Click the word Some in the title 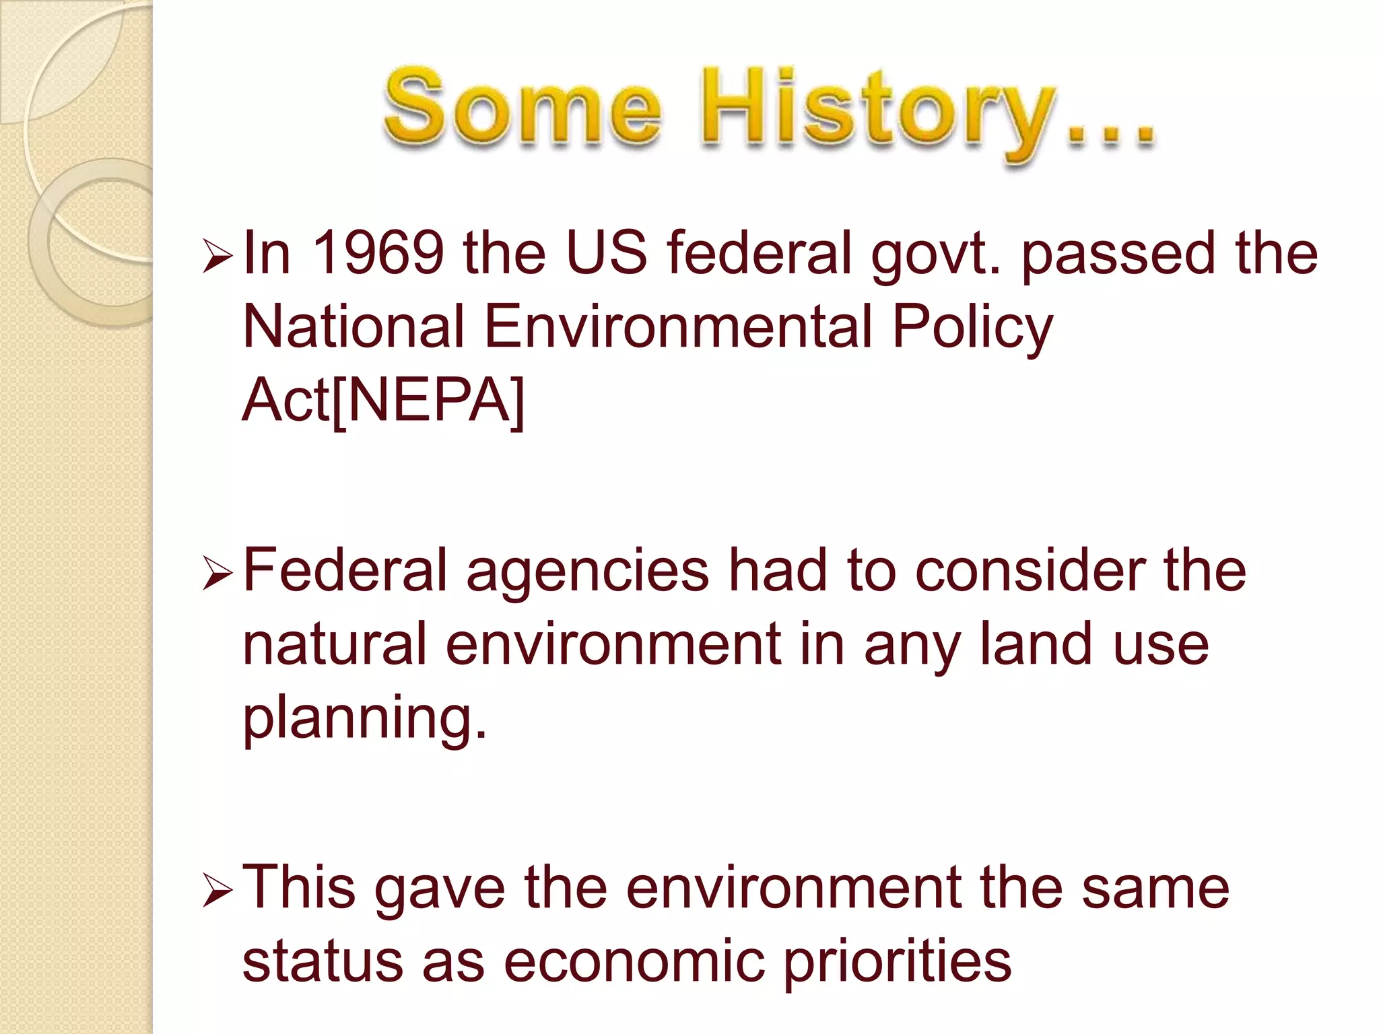[522, 108]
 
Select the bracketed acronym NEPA [428, 401]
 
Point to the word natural [334, 644]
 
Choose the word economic [634, 961]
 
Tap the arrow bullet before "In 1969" [217, 258]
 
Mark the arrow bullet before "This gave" [217, 893]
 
